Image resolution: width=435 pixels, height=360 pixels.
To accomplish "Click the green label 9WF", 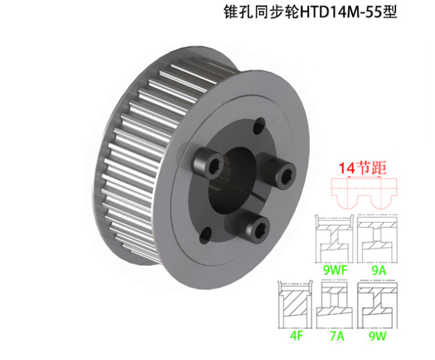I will [335, 270].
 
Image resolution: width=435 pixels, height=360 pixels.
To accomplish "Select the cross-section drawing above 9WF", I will [335, 240].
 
